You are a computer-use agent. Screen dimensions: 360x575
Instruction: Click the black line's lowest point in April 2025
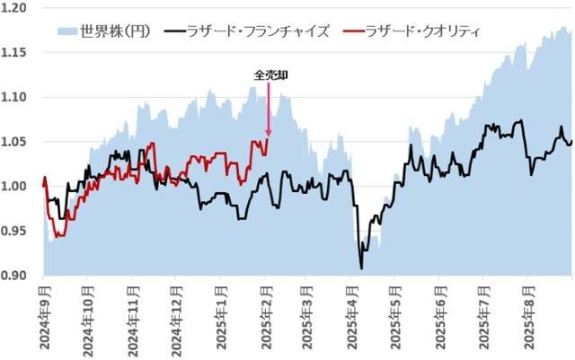tap(361, 268)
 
